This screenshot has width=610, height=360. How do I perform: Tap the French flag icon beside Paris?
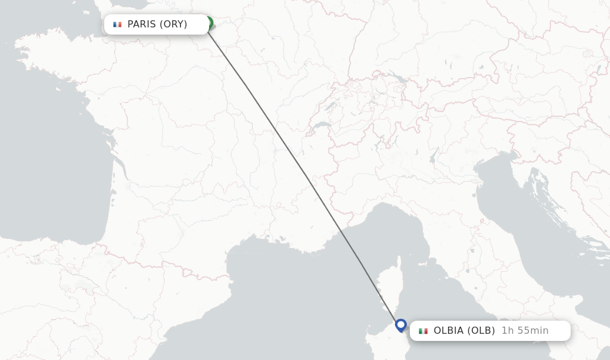(x=117, y=24)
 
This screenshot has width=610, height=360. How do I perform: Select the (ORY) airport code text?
(x=173, y=24)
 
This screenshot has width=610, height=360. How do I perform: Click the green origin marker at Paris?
(x=208, y=23)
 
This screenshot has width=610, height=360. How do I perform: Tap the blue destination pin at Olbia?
(x=401, y=325)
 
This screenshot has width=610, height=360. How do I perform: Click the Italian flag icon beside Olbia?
(x=423, y=331)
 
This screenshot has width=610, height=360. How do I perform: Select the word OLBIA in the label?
(x=449, y=331)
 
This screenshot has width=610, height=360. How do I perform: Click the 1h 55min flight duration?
(x=525, y=331)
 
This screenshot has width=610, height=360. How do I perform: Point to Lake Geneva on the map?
(x=322, y=126)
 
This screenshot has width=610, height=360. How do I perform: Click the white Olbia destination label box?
(x=490, y=331)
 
